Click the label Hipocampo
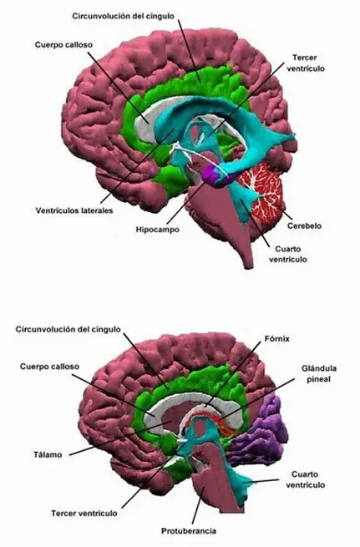pyautogui.click(x=157, y=230)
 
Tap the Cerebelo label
pyautogui.click(x=304, y=225)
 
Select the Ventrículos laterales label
pyautogui.click(x=74, y=210)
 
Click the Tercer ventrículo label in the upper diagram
pyautogui.click(x=306, y=63)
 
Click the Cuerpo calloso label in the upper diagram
pyautogui.click(x=63, y=45)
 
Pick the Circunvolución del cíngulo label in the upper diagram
pyautogui.click(x=123, y=16)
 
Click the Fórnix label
pyautogui.click(x=277, y=338)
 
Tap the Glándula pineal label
pyautogui.click(x=319, y=373)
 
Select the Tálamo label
pyautogui.click(x=48, y=454)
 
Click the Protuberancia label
pyautogui.click(x=189, y=531)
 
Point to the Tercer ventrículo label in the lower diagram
pyautogui.click(x=84, y=513)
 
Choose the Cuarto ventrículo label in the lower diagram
pyautogui.click(x=306, y=479)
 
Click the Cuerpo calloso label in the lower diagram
pyautogui.click(x=49, y=367)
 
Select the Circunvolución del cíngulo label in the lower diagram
pyautogui.click(x=68, y=329)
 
